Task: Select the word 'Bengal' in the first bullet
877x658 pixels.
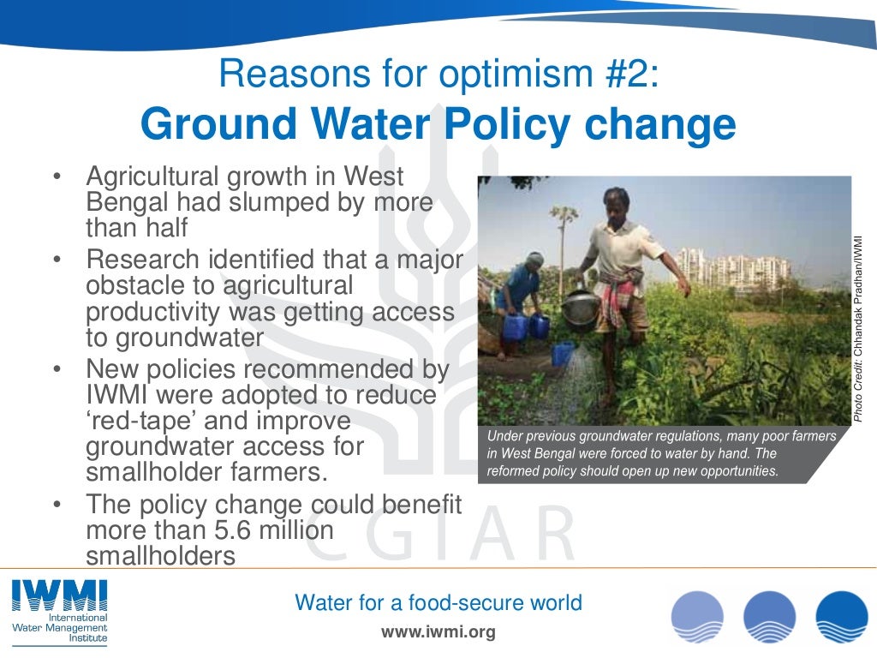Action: pos(126,203)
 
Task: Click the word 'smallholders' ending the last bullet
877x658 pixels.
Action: pos(160,557)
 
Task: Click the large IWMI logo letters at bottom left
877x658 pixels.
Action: pos(59,595)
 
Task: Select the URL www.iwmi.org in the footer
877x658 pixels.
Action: pos(438,633)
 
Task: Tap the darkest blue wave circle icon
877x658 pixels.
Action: pos(841,618)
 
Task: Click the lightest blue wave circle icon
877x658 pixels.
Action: pos(696,618)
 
